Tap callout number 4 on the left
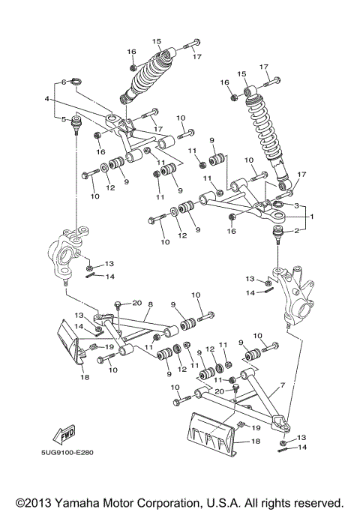tap(46, 99)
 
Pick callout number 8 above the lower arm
tap(150, 304)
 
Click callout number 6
tap(65, 82)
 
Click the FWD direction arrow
tap(64, 435)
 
